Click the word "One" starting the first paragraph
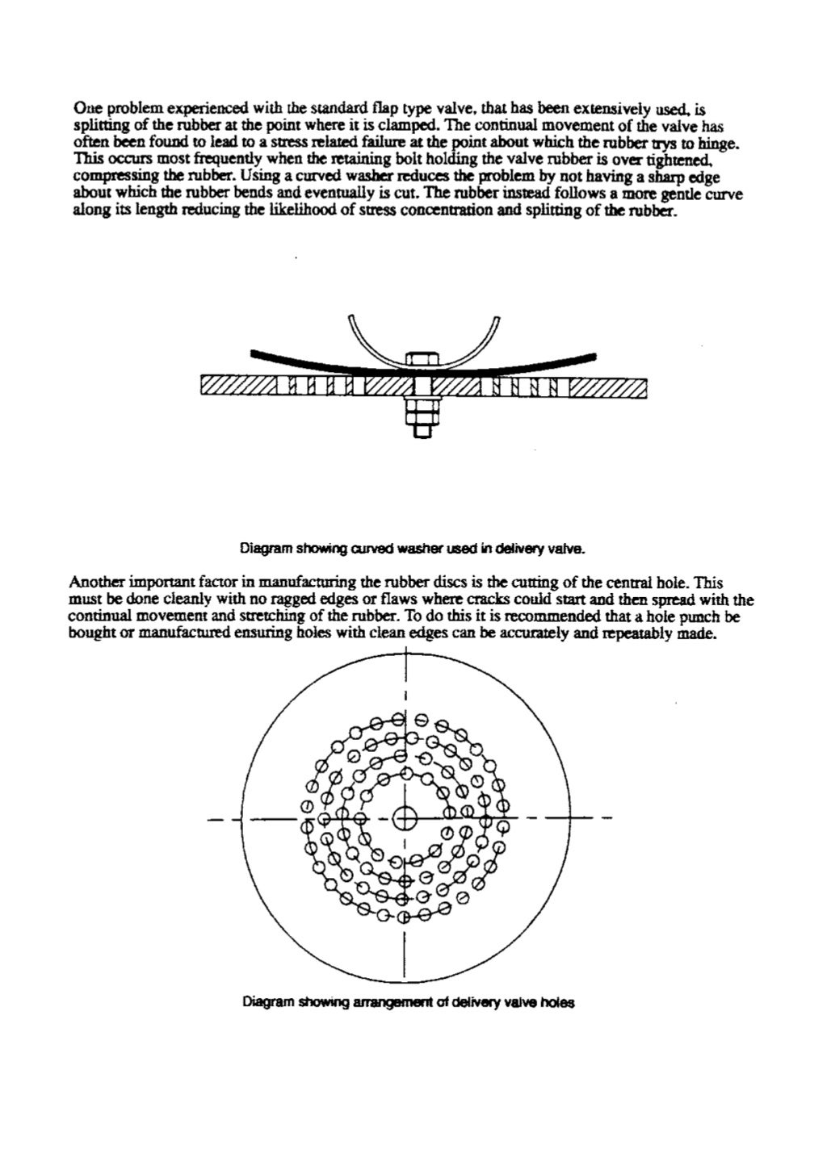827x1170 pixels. (x=85, y=107)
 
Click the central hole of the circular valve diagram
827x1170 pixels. (x=405, y=818)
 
